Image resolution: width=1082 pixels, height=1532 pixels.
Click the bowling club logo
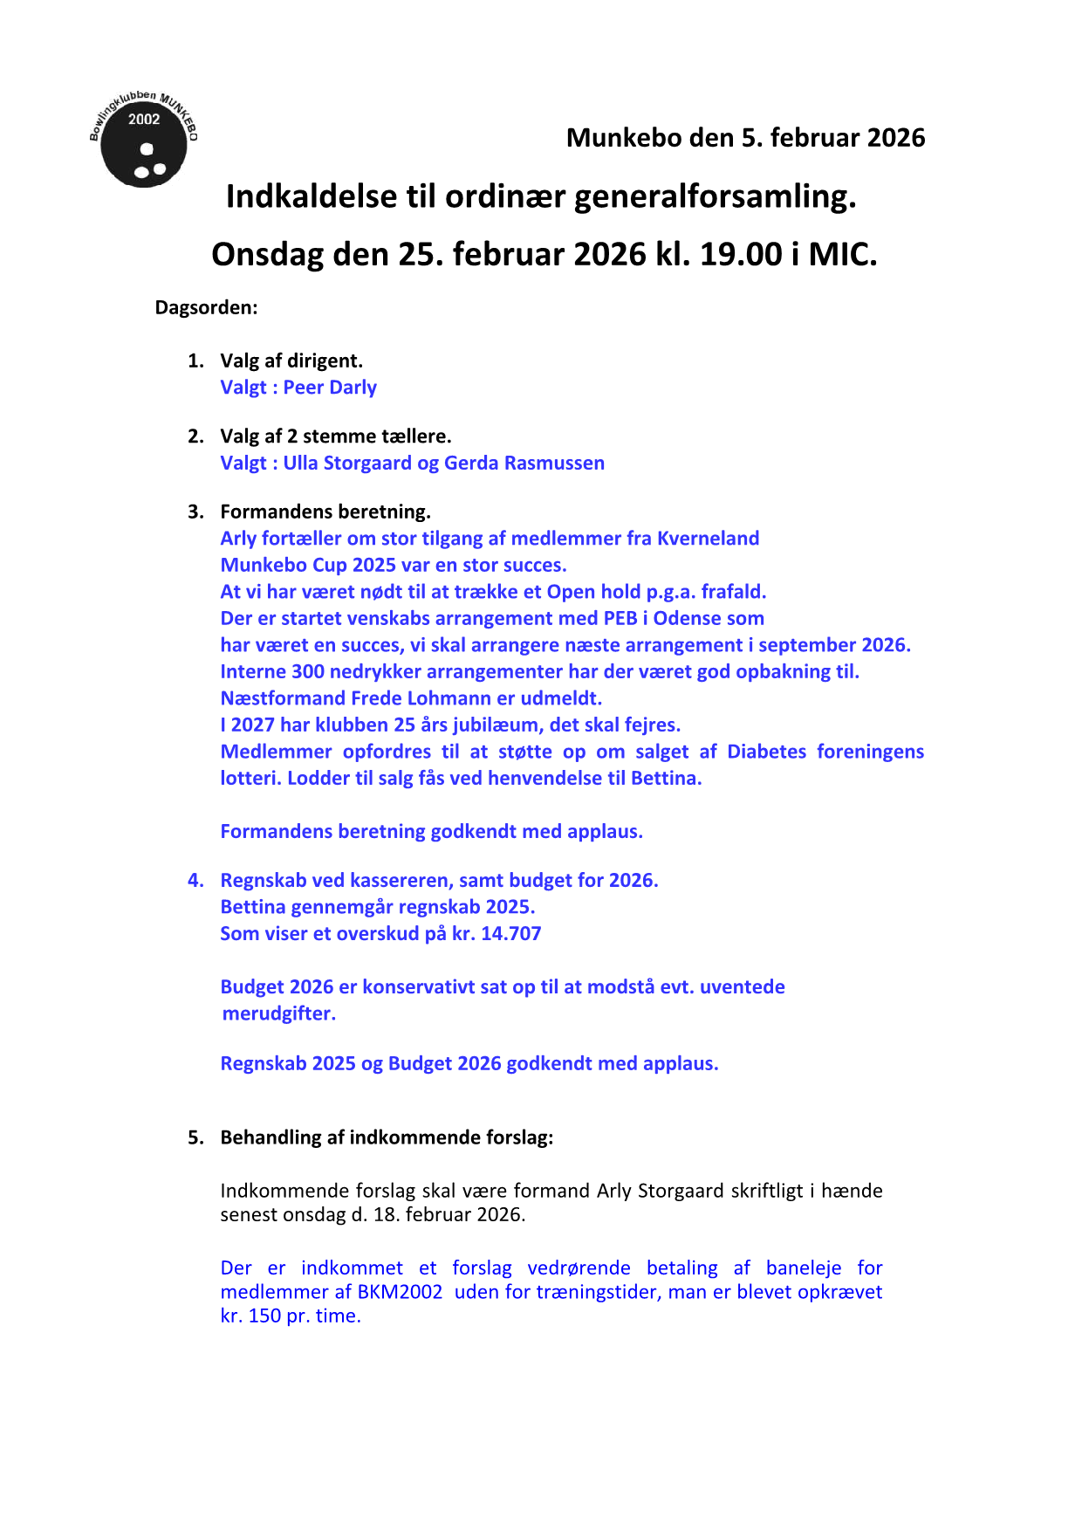(x=144, y=141)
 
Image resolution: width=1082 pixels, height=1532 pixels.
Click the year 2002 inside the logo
(x=144, y=120)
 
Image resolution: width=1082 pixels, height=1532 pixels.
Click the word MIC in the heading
(x=842, y=254)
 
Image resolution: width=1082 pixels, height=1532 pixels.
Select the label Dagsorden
(x=206, y=307)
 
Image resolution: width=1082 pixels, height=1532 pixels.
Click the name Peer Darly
(x=330, y=388)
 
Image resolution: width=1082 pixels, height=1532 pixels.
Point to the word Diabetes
(x=766, y=752)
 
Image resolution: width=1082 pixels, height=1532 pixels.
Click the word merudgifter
(x=278, y=1013)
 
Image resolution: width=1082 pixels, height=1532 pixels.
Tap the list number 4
(x=195, y=880)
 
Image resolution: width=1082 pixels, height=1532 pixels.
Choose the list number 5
(x=195, y=1137)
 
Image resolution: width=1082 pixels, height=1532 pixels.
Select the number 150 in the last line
(x=264, y=1316)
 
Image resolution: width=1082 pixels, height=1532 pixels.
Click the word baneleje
(x=803, y=1268)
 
